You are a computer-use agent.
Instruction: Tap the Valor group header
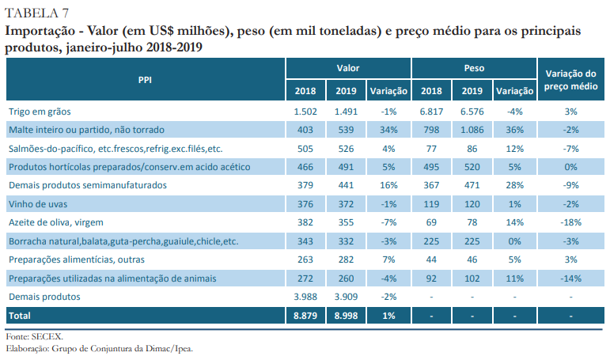point(348,69)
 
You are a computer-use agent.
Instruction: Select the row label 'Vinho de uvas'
point(37,204)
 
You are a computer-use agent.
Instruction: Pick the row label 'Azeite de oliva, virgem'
point(55,222)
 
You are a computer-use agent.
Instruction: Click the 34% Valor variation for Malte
point(388,130)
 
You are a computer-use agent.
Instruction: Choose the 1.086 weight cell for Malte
point(472,130)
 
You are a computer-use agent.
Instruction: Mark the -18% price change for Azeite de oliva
point(572,222)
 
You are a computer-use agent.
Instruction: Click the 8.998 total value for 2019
point(347,315)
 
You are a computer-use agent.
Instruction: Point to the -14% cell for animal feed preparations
point(572,278)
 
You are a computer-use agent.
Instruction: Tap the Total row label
point(21,315)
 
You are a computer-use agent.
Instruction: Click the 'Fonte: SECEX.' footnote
point(34,336)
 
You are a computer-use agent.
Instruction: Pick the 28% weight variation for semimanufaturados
point(513,185)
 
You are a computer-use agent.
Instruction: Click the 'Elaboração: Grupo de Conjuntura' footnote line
point(99,347)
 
